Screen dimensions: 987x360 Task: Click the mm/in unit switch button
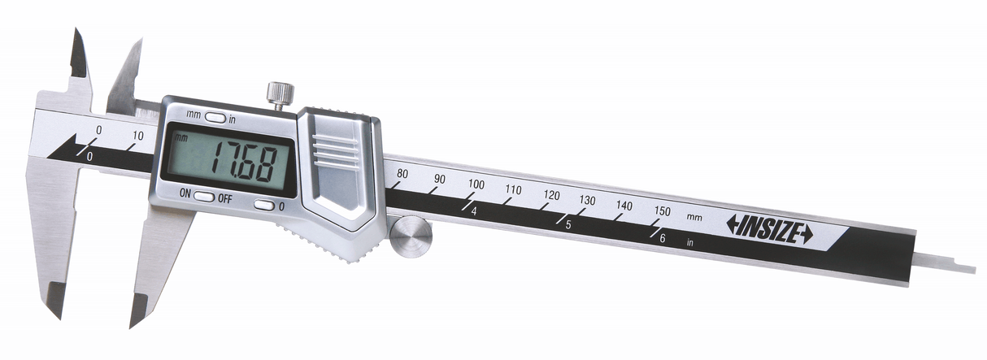[215, 118]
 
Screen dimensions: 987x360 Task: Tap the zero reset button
[264, 205]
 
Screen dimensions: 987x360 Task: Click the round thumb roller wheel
[411, 239]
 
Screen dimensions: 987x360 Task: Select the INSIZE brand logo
[769, 229]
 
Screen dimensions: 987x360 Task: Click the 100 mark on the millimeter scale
[476, 184]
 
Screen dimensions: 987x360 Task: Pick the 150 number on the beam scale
[663, 211]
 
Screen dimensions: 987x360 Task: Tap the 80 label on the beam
[402, 174]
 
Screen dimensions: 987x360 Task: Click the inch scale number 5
[568, 226]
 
